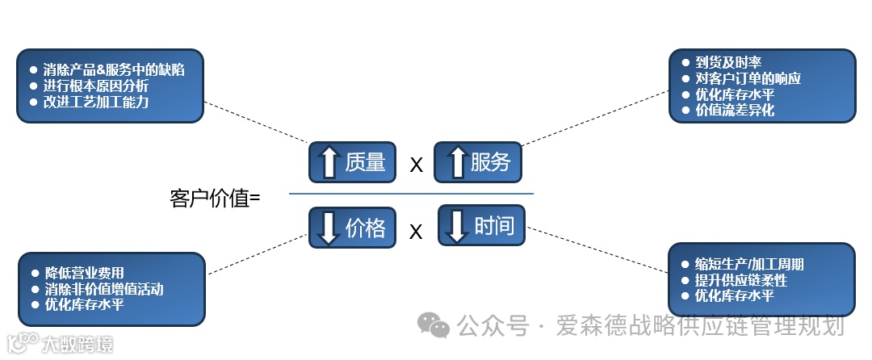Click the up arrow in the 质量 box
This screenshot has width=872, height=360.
pos(329,162)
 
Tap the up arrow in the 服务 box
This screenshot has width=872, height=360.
pos(457,162)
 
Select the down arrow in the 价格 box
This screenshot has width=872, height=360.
pos(328,227)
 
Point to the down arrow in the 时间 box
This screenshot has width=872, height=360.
pos(457,225)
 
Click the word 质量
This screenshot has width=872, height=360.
pos(365,162)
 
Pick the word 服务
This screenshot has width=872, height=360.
pos(491,162)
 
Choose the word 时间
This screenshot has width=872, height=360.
pos(494,225)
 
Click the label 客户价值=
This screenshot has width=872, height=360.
pos(216,198)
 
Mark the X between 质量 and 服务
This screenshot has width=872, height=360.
pos(417,165)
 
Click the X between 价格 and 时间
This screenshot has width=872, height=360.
pos(416,232)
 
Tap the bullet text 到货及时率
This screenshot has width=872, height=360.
pos(728,62)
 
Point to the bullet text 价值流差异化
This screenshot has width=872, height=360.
pos(735,111)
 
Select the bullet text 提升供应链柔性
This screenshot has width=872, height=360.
pos(740,280)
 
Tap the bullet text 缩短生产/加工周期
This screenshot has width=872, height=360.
pos(748,264)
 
